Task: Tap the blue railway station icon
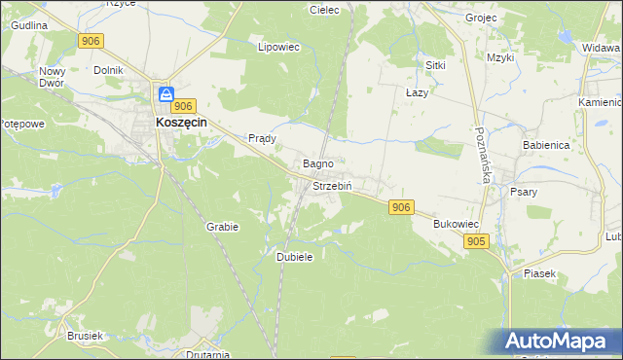click(x=166, y=94)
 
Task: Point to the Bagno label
click(x=318, y=164)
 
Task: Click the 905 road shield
click(x=475, y=241)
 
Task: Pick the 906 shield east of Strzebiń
click(x=401, y=207)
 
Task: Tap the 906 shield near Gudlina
click(x=92, y=40)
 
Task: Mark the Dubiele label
click(x=294, y=257)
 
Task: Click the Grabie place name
click(x=222, y=226)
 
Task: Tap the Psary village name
click(x=524, y=192)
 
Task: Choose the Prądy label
click(x=263, y=138)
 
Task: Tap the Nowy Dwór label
click(x=52, y=78)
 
